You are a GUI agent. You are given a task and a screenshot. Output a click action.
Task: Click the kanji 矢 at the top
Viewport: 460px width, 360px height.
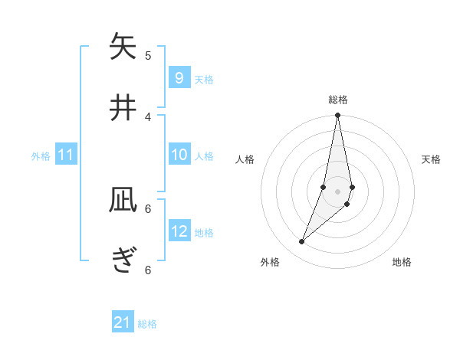click(x=123, y=47)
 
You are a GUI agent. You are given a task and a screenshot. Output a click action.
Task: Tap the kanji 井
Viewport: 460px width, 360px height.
click(x=123, y=108)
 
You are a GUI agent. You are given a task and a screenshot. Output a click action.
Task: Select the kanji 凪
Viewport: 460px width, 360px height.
click(x=123, y=201)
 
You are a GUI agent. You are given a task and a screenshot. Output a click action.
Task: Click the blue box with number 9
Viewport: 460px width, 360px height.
click(x=179, y=78)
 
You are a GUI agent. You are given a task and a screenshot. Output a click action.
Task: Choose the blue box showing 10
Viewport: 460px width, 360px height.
click(x=179, y=155)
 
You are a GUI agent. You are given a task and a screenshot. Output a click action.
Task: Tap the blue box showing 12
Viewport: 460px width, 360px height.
click(x=179, y=231)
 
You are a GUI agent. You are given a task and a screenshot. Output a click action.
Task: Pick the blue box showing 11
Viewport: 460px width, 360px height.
click(x=66, y=155)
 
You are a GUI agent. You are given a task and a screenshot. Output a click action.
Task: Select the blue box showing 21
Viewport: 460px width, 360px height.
click(x=123, y=322)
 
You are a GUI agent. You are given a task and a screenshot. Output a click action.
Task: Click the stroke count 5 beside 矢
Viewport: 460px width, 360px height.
click(x=148, y=55)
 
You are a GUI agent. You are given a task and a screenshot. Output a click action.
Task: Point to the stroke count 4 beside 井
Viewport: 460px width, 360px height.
click(x=148, y=116)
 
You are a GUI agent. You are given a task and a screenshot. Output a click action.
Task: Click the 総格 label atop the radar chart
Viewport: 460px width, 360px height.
click(x=338, y=100)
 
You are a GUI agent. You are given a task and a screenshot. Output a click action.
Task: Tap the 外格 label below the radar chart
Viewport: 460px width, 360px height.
click(x=270, y=262)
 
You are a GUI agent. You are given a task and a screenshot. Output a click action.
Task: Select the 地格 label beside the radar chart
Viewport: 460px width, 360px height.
click(x=402, y=262)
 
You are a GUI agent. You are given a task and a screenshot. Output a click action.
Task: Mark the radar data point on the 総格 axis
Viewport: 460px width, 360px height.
click(x=338, y=116)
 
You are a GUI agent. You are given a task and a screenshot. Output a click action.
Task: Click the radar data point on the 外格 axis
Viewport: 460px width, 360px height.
click(x=302, y=241)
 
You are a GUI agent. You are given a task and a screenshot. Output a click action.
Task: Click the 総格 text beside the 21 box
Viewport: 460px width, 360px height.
click(x=147, y=324)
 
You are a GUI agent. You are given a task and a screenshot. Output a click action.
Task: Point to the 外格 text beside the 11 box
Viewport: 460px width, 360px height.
click(x=41, y=156)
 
